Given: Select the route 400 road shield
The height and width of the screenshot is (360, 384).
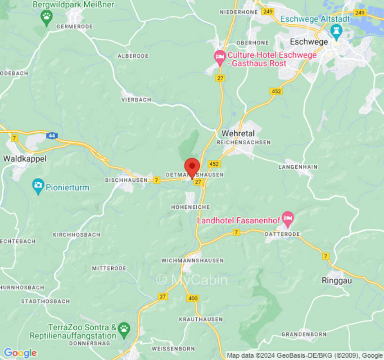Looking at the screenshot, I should (x=193, y=298).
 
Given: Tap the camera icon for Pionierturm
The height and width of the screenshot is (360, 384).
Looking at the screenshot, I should (x=38, y=184).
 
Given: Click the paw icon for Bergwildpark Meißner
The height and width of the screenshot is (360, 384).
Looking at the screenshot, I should (x=46, y=18).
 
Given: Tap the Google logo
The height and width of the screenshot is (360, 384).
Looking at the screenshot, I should (x=20, y=353).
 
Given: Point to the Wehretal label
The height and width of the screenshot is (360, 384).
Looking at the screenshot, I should (x=238, y=134).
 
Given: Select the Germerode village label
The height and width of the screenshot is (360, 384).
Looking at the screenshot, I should (x=74, y=27).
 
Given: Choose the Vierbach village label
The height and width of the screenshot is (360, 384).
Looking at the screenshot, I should (x=136, y=99).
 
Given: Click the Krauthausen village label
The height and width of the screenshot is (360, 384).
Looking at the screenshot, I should (x=201, y=319).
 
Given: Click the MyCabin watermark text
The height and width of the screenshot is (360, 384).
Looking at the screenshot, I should (x=192, y=280).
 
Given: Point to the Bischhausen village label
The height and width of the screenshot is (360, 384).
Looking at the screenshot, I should (x=126, y=180).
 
